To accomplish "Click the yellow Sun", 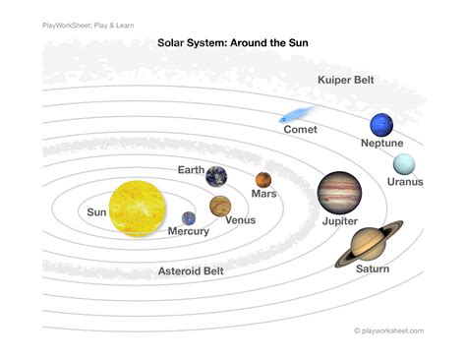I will coord(140,209).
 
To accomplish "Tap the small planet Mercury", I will coord(189,218).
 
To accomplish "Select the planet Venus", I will coord(220,206).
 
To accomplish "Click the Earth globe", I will coord(216,176).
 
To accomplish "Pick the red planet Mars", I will coord(262,180).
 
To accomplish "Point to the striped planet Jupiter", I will coord(338,193).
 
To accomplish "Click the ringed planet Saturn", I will coord(370,242).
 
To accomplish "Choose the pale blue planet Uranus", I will coord(403,164).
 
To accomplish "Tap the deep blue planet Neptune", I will coord(381,125).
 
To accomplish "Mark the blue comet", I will coord(298,114).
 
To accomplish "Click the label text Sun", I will coord(96,211).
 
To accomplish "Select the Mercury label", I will coord(188,232).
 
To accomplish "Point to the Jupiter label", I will coord(340,222).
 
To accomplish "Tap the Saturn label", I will coord(373,270).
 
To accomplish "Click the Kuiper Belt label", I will coord(345,80).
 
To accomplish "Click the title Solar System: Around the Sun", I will coord(233,43).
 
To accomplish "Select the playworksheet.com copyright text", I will coord(389,331).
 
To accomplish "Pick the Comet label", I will coord(300,131).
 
